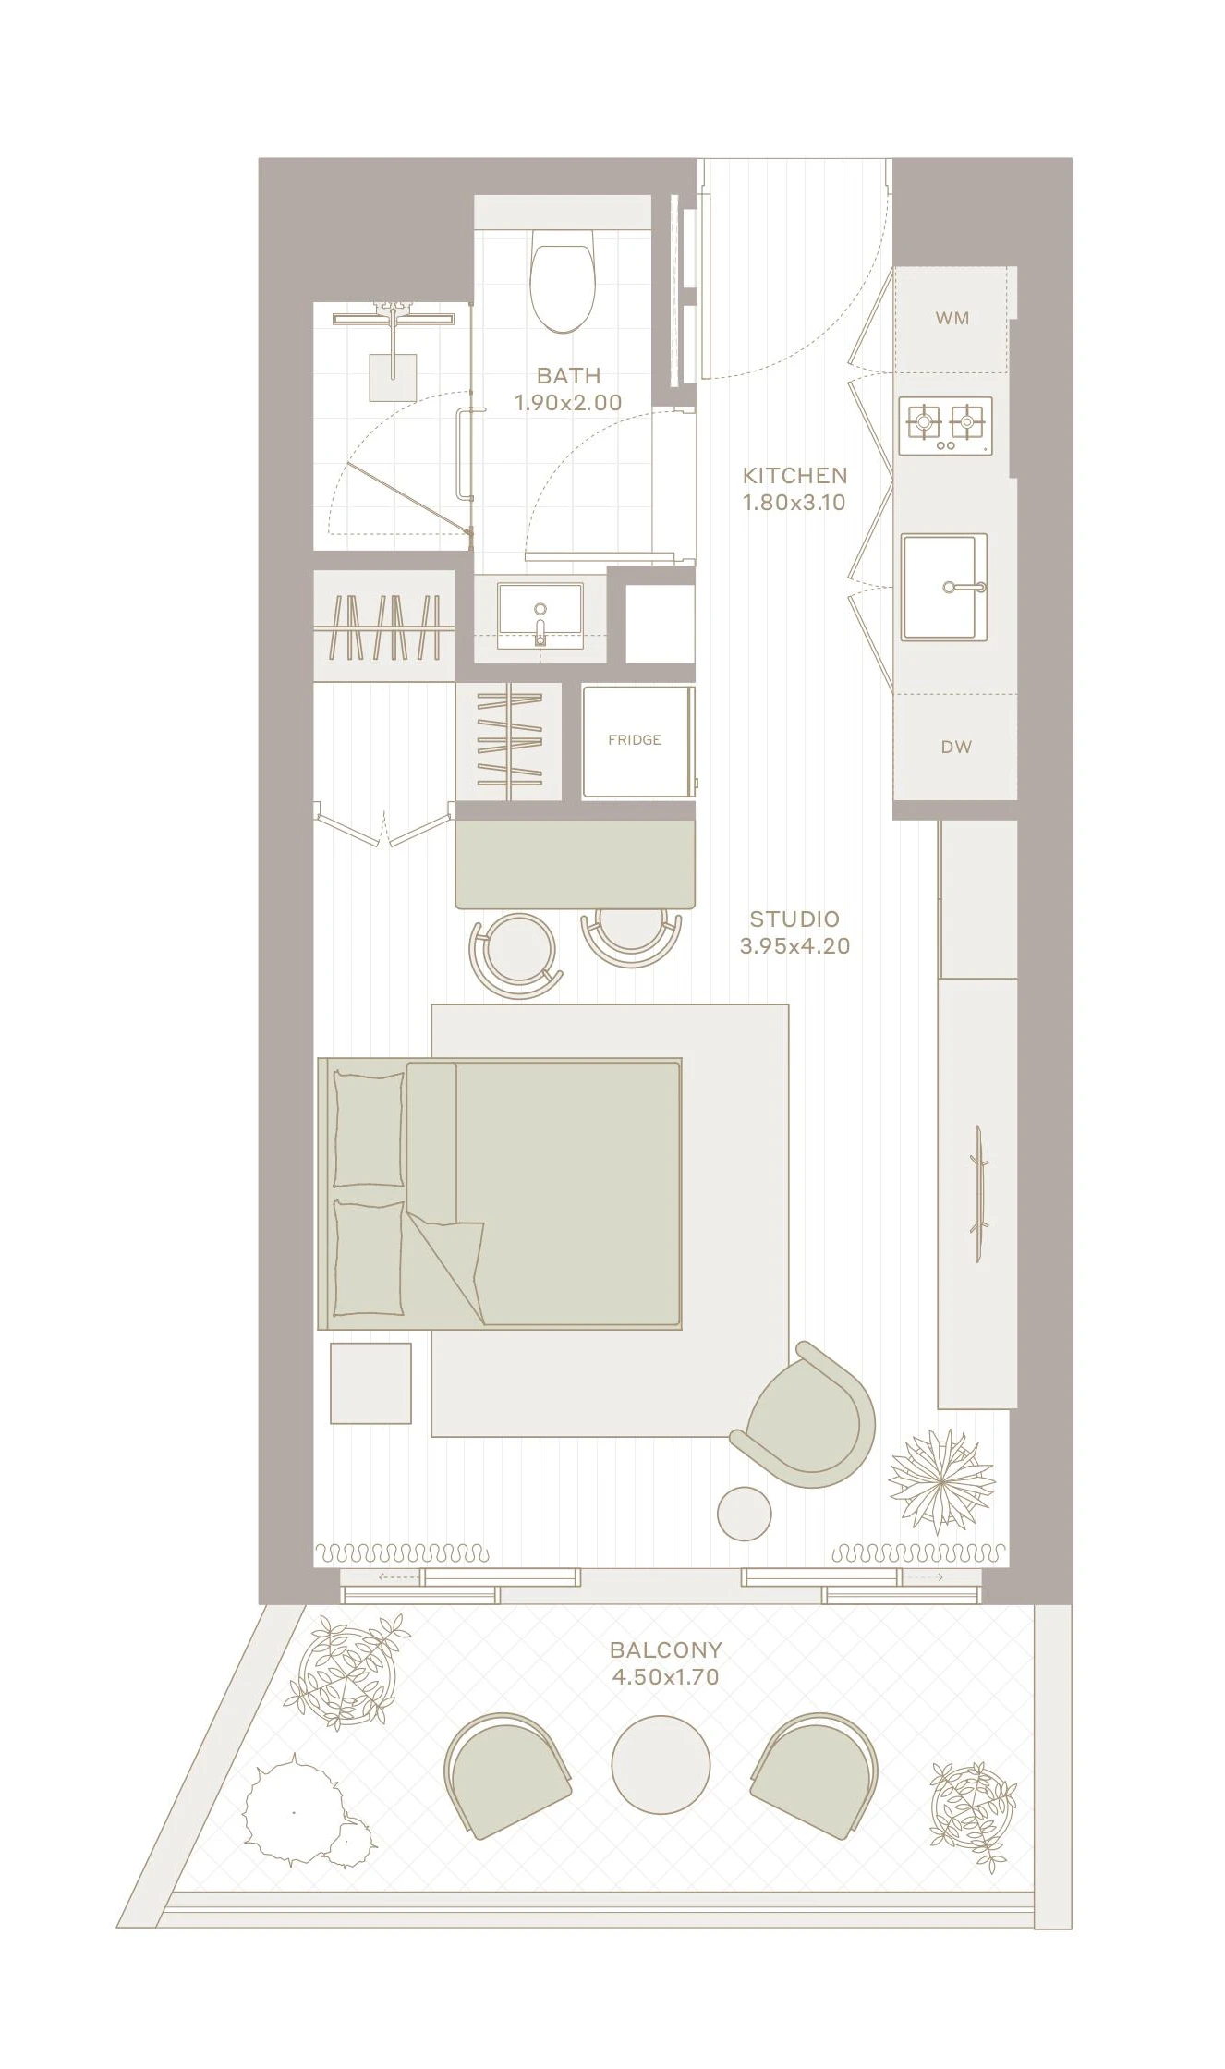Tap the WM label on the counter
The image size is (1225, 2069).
[x=952, y=318]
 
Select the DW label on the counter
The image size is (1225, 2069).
[x=956, y=747]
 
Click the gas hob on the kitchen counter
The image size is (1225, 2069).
[x=945, y=426]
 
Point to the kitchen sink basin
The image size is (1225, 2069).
[x=944, y=587]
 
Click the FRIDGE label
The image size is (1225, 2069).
[x=635, y=740]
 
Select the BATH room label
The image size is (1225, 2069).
[x=568, y=375]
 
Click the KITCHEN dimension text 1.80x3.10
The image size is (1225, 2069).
[x=794, y=503]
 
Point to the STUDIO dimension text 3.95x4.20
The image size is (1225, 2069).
[x=794, y=946]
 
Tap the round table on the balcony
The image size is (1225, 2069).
[x=661, y=1763]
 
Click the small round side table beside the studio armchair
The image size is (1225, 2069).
[x=744, y=1514]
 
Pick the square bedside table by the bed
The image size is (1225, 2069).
[x=370, y=1382]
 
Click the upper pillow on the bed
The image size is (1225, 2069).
[x=369, y=1128]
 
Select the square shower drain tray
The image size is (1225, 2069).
[x=393, y=377]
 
